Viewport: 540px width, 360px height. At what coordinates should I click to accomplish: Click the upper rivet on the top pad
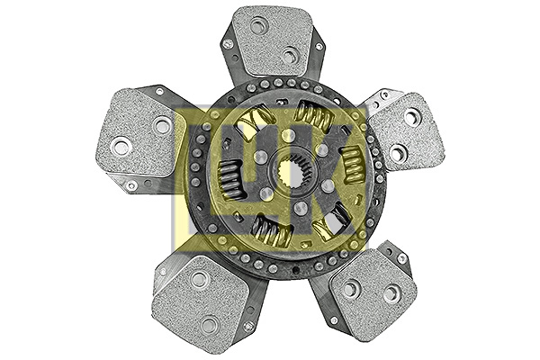259,26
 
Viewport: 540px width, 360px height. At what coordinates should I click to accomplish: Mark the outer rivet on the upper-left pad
121,145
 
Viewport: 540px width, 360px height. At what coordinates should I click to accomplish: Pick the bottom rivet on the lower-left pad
210,323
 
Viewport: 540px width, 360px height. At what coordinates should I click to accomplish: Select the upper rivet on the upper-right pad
411,117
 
